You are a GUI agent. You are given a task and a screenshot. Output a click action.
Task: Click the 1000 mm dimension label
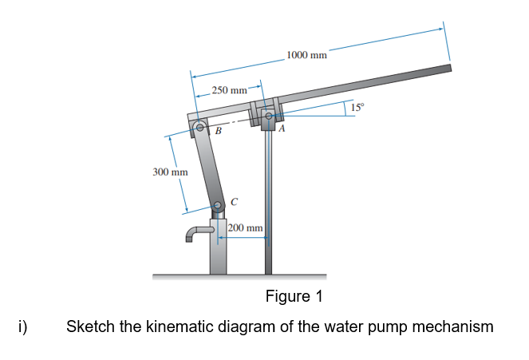pyautogui.click(x=306, y=55)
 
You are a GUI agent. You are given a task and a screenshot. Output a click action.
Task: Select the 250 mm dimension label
pyautogui.click(x=229, y=91)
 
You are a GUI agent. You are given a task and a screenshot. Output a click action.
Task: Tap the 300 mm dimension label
pyautogui.click(x=170, y=172)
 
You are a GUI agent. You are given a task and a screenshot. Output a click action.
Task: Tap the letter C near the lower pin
pyautogui.click(x=233, y=200)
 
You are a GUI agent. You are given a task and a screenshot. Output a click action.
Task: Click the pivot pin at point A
pyautogui.click(x=269, y=117)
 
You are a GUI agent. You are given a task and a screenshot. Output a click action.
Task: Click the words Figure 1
pyautogui.click(x=293, y=297)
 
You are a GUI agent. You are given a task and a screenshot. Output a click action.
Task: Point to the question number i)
pyautogui.click(x=23, y=326)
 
